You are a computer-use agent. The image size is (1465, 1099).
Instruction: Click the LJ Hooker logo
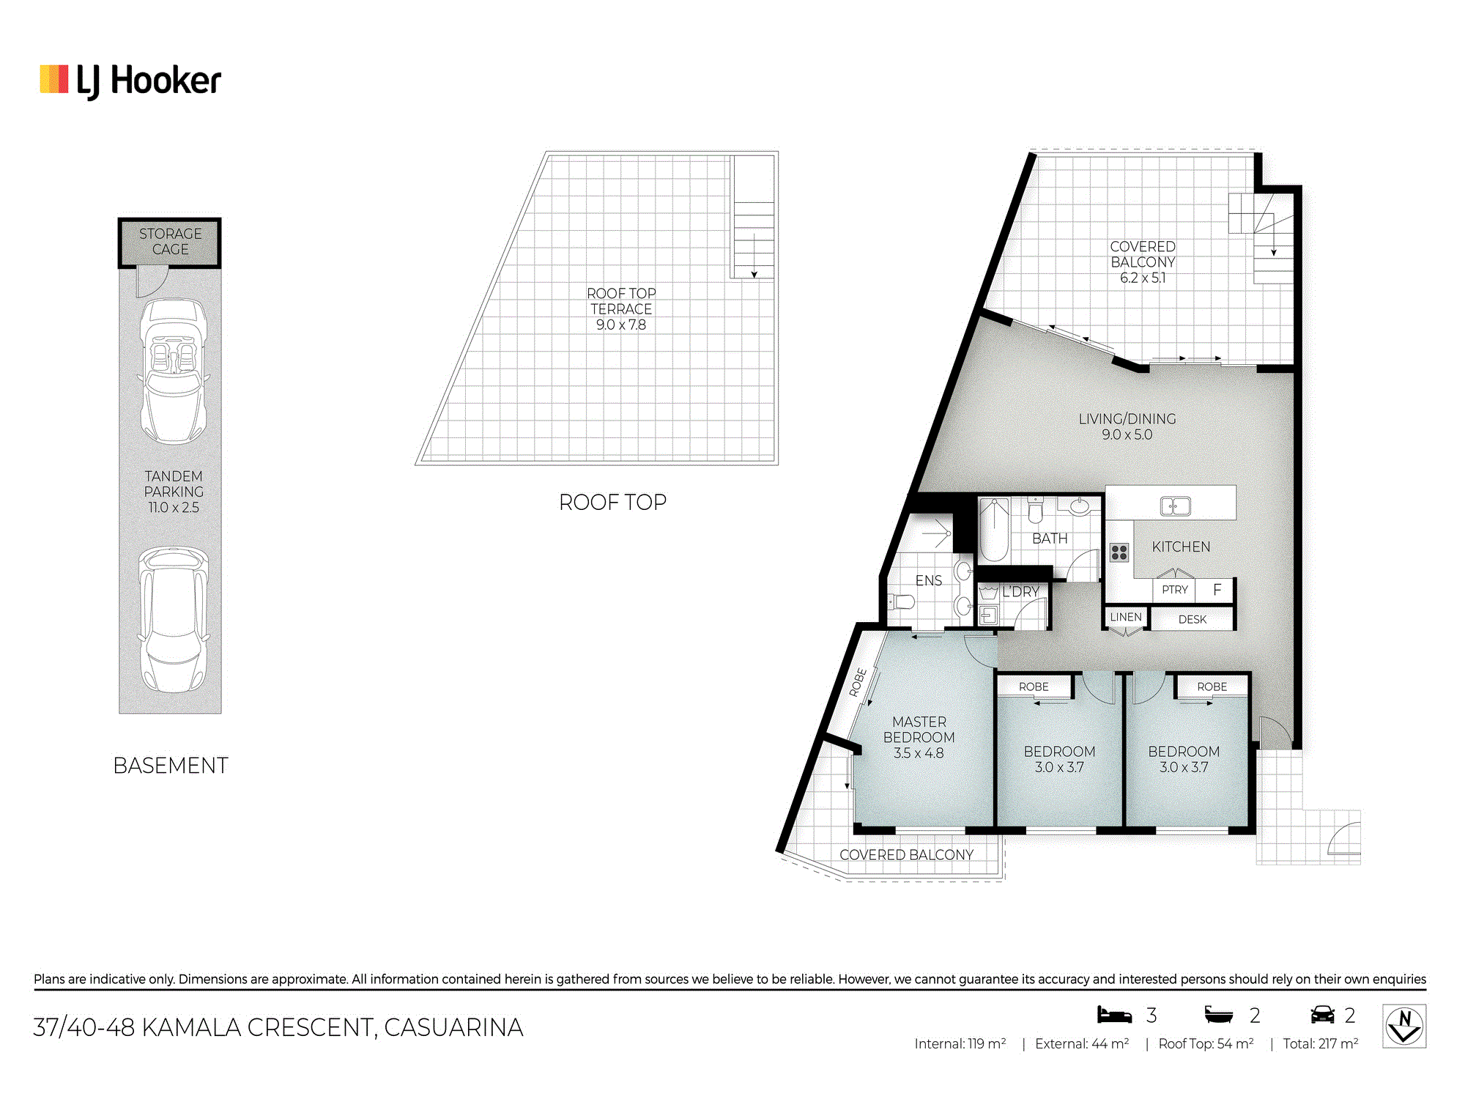click(130, 81)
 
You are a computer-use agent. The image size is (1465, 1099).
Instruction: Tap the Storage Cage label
click(170, 241)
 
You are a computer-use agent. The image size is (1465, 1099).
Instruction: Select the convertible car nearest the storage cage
click(174, 371)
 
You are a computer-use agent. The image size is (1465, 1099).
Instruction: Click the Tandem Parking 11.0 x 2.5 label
click(174, 492)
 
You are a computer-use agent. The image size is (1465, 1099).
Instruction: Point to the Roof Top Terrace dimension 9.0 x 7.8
click(621, 325)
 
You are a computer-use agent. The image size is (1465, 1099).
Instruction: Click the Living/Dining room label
click(1127, 426)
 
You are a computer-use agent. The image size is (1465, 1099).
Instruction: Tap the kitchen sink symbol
click(1175, 506)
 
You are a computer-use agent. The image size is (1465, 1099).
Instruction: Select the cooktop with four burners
click(1119, 552)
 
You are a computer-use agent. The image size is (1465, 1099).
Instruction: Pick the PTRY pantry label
click(1175, 590)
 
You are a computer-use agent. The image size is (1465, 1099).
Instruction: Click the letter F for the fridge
click(1217, 589)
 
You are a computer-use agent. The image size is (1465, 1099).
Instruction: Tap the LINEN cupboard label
click(1126, 617)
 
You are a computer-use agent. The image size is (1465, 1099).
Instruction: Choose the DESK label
click(1193, 619)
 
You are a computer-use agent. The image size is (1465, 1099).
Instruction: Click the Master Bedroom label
click(919, 737)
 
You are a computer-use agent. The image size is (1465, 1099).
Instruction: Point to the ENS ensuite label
click(929, 580)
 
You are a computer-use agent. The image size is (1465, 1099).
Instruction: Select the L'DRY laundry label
click(1020, 591)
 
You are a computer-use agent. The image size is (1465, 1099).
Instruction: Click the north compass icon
click(1404, 1026)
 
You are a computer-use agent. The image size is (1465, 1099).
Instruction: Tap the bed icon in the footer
click(1114, 1014)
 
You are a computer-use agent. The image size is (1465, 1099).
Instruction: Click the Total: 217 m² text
click(1321, 1043)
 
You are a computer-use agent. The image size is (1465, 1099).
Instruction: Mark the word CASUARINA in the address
click(454, 1027)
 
